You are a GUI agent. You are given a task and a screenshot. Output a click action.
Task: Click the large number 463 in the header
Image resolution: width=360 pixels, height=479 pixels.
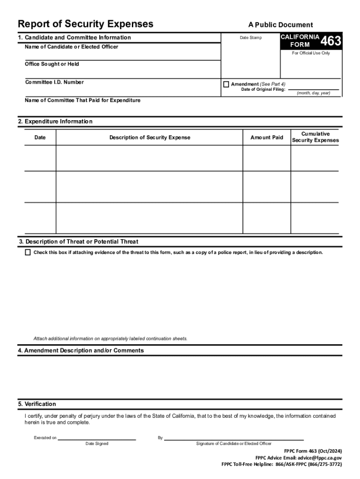pos(331,41)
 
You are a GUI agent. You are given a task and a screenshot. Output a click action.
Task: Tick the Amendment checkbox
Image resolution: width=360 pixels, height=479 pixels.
pos(226,84)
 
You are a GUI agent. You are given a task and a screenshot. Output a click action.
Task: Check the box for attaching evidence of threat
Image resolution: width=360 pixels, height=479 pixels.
pos(28,253)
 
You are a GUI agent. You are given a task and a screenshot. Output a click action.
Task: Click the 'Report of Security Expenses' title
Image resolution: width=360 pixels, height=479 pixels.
pos(85,24)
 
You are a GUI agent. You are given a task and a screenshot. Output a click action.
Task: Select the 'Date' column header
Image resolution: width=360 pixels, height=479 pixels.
pos(40,138)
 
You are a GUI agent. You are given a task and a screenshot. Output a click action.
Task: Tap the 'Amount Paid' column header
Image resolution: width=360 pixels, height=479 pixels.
pos(266,138)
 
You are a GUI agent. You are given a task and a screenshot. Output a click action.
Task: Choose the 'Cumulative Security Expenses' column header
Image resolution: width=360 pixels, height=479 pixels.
pos(315,137)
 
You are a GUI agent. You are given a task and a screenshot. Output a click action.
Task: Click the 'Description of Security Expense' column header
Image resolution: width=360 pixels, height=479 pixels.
pos(150,138)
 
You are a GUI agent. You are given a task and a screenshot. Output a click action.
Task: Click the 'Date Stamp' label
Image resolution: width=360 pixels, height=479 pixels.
pos(251,38)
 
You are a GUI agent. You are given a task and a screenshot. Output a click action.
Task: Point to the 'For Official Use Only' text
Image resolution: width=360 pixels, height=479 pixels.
pos(311,53)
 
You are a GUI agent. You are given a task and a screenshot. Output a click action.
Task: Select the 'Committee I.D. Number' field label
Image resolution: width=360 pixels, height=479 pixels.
pos(54,82)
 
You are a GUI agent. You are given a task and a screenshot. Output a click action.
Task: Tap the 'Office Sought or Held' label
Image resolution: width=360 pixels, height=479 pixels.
pos(52,64)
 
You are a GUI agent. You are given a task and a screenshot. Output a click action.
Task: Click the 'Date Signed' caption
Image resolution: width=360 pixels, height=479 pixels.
pos(97,443)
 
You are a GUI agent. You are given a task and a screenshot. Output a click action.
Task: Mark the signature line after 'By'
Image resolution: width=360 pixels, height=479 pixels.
pos(234,439)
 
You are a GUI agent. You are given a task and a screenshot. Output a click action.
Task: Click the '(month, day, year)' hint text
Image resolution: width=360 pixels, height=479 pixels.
pos(313,93)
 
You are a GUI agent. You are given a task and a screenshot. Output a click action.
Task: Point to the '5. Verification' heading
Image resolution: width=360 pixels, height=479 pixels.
pos(37,404)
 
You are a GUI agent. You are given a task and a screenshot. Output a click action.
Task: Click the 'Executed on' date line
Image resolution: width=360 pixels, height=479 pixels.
pos(97,439)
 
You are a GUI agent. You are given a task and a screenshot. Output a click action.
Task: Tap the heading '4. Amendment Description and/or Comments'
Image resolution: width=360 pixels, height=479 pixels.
pos(81,350)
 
